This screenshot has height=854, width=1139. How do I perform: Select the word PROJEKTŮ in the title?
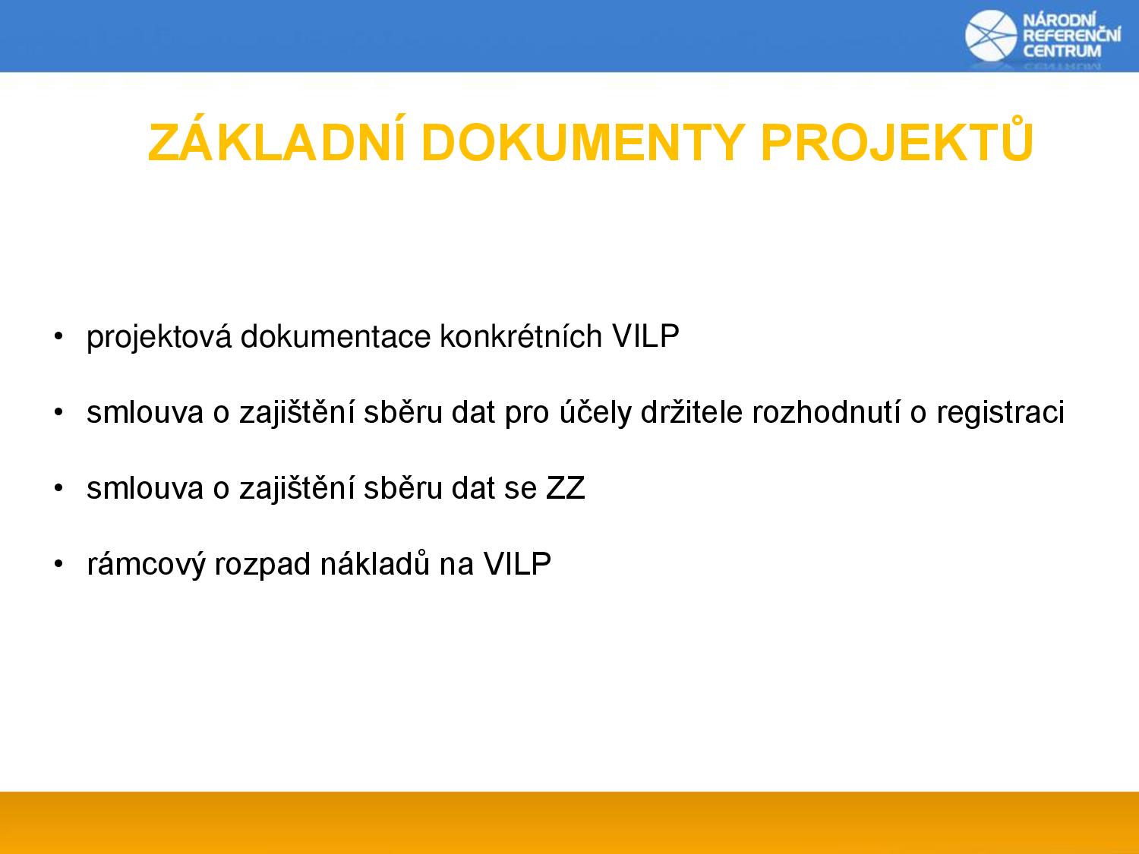tap(898, 139)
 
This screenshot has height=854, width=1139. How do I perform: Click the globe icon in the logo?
tap(991, 36)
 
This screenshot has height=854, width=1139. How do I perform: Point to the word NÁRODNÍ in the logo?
tap(1059, 20)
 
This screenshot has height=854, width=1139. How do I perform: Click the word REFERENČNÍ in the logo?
tap(1072, 35)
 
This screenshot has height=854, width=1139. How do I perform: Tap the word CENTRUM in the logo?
tap(1062, 51)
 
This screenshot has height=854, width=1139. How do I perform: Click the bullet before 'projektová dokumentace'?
tap(58, 336)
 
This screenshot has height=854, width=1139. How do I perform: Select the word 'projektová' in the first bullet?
tap(159, 338)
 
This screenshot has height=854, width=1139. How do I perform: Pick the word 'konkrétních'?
tap(522, 336)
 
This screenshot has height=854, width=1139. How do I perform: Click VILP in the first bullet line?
tap(645, 336)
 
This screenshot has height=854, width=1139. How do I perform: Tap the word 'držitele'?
tap(692, 412)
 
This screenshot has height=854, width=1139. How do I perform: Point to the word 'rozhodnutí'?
tap(826, 412)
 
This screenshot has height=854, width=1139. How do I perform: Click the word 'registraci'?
tap(1001, 414)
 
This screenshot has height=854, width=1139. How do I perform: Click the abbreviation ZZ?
tap(565, 488)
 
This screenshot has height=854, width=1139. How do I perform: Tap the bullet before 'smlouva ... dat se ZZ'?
tap(58, 488)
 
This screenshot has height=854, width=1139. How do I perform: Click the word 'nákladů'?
tap(374, 563)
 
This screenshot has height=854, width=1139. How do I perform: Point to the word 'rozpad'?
tap(263, 565)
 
